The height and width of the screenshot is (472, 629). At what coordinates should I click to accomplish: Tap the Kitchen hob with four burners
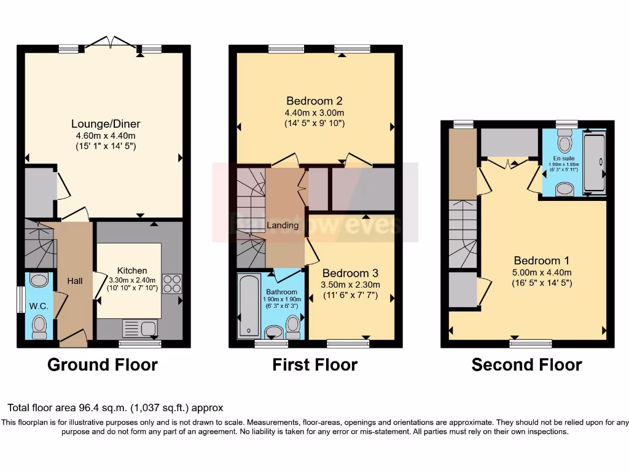point(172,283)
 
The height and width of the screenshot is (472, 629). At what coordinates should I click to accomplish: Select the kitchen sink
point(140,328)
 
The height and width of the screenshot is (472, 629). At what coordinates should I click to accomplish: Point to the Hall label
point(74,281)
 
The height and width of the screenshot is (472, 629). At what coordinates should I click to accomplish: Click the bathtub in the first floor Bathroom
point(248,307)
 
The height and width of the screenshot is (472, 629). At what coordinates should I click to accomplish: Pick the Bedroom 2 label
point(314,101)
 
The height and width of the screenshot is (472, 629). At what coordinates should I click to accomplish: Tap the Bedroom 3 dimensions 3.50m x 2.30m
point(350,285)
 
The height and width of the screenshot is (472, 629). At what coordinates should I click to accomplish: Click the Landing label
point(283,226)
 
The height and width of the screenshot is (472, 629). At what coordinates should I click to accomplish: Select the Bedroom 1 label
point(537,261)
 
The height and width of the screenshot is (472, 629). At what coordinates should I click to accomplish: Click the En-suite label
point(558,157)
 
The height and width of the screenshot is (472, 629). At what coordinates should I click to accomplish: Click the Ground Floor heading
point(103,365)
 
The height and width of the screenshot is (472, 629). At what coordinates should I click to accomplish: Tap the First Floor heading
point(314,365)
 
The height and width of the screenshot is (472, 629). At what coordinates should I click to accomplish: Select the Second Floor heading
point(526,365)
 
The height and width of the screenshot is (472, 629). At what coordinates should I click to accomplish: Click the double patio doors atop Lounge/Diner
point(111,43)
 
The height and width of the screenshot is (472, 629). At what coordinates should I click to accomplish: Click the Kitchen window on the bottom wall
point(140,344)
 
